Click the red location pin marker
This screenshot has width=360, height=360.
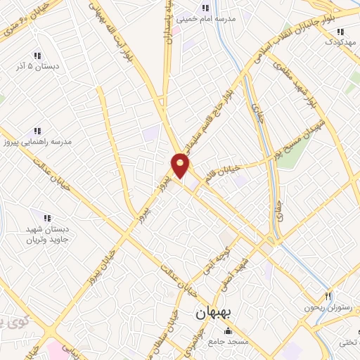click(181, 166)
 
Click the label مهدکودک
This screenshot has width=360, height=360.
click(340, 41)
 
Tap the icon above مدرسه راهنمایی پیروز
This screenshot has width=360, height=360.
click(37, 130)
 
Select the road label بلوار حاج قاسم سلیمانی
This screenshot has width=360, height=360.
click(214, 112)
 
